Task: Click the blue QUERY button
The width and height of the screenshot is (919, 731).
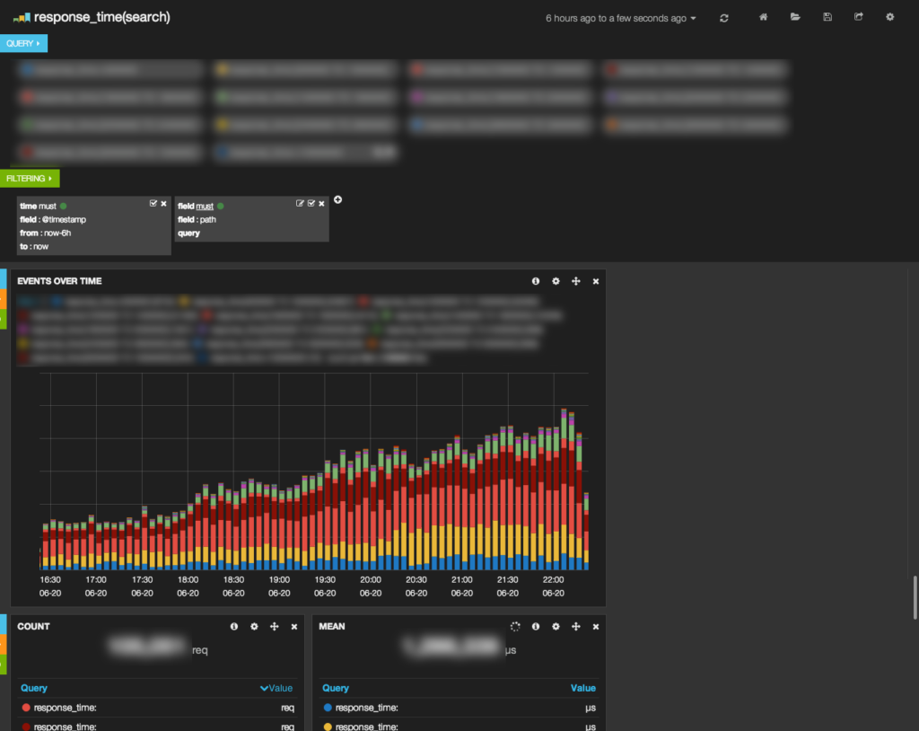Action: pos(23,43)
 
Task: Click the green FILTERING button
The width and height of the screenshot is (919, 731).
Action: pos(30,179)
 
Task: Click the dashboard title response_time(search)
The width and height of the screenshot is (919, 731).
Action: pos(101,17)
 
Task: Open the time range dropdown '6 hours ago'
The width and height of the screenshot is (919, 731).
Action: pos(620,18)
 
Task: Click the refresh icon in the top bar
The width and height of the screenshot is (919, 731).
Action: pos(724,18)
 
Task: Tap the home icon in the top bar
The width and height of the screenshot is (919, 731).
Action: pos(764,17)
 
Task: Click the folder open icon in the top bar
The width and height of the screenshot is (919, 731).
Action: pos(795,17)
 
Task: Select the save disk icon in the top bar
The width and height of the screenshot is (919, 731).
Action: pos(827,17)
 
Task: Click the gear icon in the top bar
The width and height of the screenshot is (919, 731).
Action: pos(890,17)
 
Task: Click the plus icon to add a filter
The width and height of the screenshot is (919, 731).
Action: pos(337,199)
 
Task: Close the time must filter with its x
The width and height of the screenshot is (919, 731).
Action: pos(163,204)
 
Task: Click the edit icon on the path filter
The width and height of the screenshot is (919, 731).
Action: pos(300,204)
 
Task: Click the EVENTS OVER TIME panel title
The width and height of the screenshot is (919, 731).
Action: pos(59,281)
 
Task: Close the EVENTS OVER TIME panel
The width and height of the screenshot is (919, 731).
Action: pos(596,281)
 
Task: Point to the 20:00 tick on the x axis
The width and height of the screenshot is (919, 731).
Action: pos(371,580)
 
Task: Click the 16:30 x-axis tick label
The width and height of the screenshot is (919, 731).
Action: pos(50,580)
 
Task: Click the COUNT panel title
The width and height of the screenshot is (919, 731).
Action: pos(33,626)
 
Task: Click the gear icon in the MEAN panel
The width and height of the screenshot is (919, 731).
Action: pos(556,626)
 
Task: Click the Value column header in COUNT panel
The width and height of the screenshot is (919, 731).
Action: pos(280,688)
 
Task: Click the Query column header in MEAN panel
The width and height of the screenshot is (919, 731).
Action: pos(336,688)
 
